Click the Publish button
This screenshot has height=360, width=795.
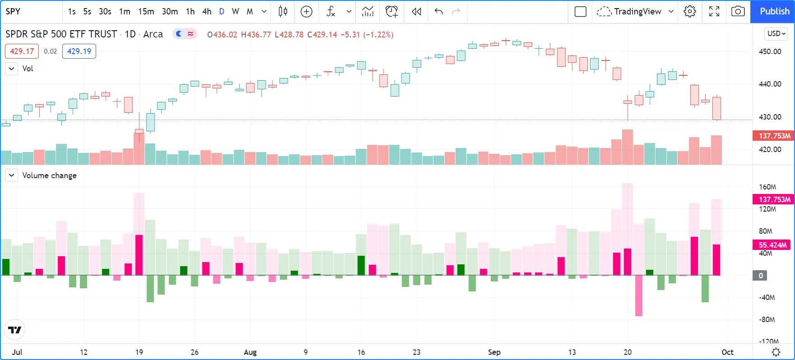774,11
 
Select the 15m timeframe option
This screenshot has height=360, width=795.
146,11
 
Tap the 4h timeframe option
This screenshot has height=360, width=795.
207,11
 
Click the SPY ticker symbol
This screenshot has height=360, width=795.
13,11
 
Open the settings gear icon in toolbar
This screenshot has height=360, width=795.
689,11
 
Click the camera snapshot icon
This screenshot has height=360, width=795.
738,11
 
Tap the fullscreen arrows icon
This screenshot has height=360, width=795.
714,11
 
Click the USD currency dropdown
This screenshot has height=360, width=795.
776,33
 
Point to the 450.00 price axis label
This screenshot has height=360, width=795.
770,51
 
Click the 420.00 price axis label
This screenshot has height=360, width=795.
770,149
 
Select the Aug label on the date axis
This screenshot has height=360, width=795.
250,352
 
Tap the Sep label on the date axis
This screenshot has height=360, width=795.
494,352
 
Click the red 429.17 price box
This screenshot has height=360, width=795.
22,51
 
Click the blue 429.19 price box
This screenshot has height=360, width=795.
79,51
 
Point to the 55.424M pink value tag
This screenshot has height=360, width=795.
772,245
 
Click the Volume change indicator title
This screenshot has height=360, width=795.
49,175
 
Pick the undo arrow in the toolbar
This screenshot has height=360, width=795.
438,11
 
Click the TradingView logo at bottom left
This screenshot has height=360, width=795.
15,330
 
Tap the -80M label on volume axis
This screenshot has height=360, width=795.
767,319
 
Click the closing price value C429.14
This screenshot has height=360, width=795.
322,35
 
